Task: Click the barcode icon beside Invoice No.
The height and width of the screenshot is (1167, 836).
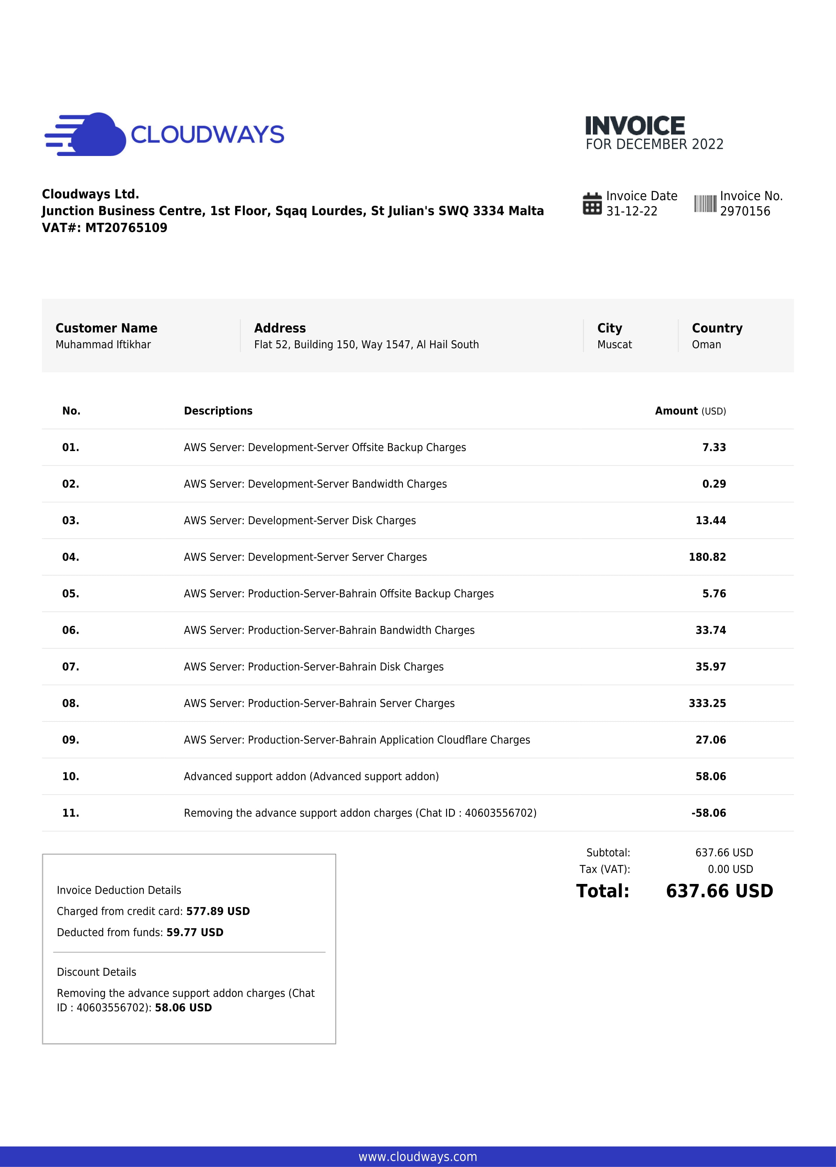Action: (x=705, y=204)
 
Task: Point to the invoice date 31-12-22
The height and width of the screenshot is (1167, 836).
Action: (x=631, y=212)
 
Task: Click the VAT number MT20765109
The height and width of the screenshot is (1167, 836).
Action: (x=126, y=228)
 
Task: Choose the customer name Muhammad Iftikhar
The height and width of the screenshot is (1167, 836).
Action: (x=103, y=345)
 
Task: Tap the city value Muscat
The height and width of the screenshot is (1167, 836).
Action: (x=614, y=345)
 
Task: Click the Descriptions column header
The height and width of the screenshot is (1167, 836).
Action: (x=218, y=411)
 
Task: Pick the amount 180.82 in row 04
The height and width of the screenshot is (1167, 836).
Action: (x=707, y=557)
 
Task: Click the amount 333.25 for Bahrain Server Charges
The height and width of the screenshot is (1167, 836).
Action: (x=707, y=703)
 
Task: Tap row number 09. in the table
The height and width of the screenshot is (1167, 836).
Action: (x=70, y=740)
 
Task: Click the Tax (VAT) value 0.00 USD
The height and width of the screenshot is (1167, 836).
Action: (x=730, y=869)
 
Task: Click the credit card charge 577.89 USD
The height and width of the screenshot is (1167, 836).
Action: (x=218, y=911)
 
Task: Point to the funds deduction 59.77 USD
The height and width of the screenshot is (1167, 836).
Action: (x=195, y=932)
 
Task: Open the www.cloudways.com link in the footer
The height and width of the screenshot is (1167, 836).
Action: (x=418, y=1157)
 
